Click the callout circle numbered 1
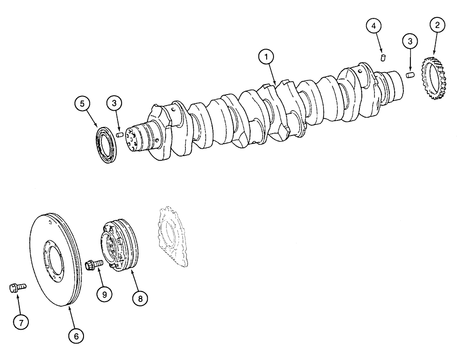coord(266,57)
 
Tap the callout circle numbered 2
coord(437,26)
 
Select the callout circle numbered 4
coord(374,26)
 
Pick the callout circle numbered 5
coord(82,104)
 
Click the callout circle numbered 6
coord(76,336)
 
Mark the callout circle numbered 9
coord(104,294)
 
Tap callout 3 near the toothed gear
coord(410,41)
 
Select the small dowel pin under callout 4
coord(384,57)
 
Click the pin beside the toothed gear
coord(410,74)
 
